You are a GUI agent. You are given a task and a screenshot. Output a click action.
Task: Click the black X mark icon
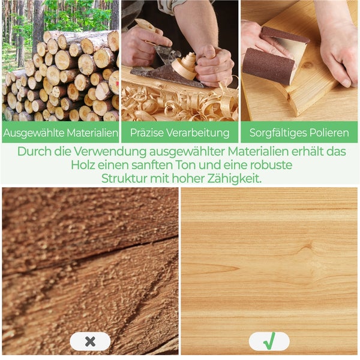pyautogui.click(x=90, y=341)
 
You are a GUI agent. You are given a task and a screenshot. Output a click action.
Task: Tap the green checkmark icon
pyautogui.click(x=269, y=341)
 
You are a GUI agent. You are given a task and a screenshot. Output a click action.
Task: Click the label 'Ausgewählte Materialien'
pyautogui.click(x=60, y=132)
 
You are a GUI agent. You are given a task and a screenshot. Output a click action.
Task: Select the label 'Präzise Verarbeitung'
pyautogui.click(x=179, y=132)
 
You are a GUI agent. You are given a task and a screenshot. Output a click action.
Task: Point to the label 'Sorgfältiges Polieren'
pyautogui.click(x=299, y=132)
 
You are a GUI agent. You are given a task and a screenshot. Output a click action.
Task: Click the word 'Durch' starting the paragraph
pyautogui.click(x=34, y=151)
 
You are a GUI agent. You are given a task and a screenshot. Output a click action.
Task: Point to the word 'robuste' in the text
pyautogui.click(x=272, y=165)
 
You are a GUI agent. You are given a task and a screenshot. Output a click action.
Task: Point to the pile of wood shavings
pyautogui.click(x=174, y=105)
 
